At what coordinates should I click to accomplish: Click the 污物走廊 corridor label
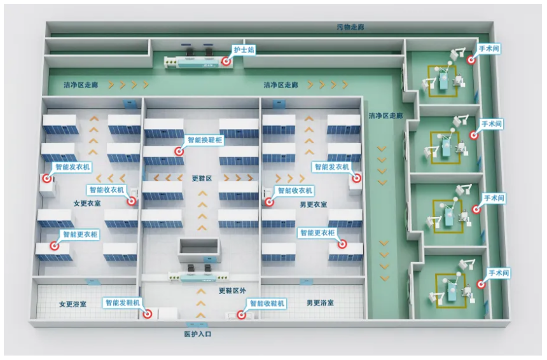point(350,27)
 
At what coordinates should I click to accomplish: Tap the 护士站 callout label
point(242,49)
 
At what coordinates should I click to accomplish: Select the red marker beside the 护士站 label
point(226,61)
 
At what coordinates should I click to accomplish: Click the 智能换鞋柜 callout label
point(204,140)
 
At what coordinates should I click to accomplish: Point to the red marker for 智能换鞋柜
point(179,151)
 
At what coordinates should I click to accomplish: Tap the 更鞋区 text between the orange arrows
point(202,179)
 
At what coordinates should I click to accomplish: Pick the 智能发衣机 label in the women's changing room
point(73,167)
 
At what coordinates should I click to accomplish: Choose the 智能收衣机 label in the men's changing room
point(294,190)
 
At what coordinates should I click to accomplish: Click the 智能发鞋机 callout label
point(122,303)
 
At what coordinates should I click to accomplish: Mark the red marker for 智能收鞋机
point(240,314)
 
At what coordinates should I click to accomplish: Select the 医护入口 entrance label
point(197,334)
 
